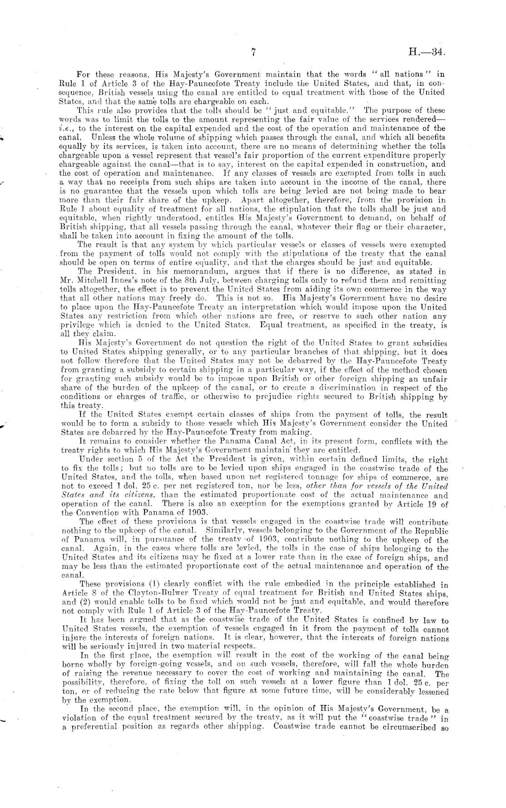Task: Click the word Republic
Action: (430, 532)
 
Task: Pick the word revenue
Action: (151, 671)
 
